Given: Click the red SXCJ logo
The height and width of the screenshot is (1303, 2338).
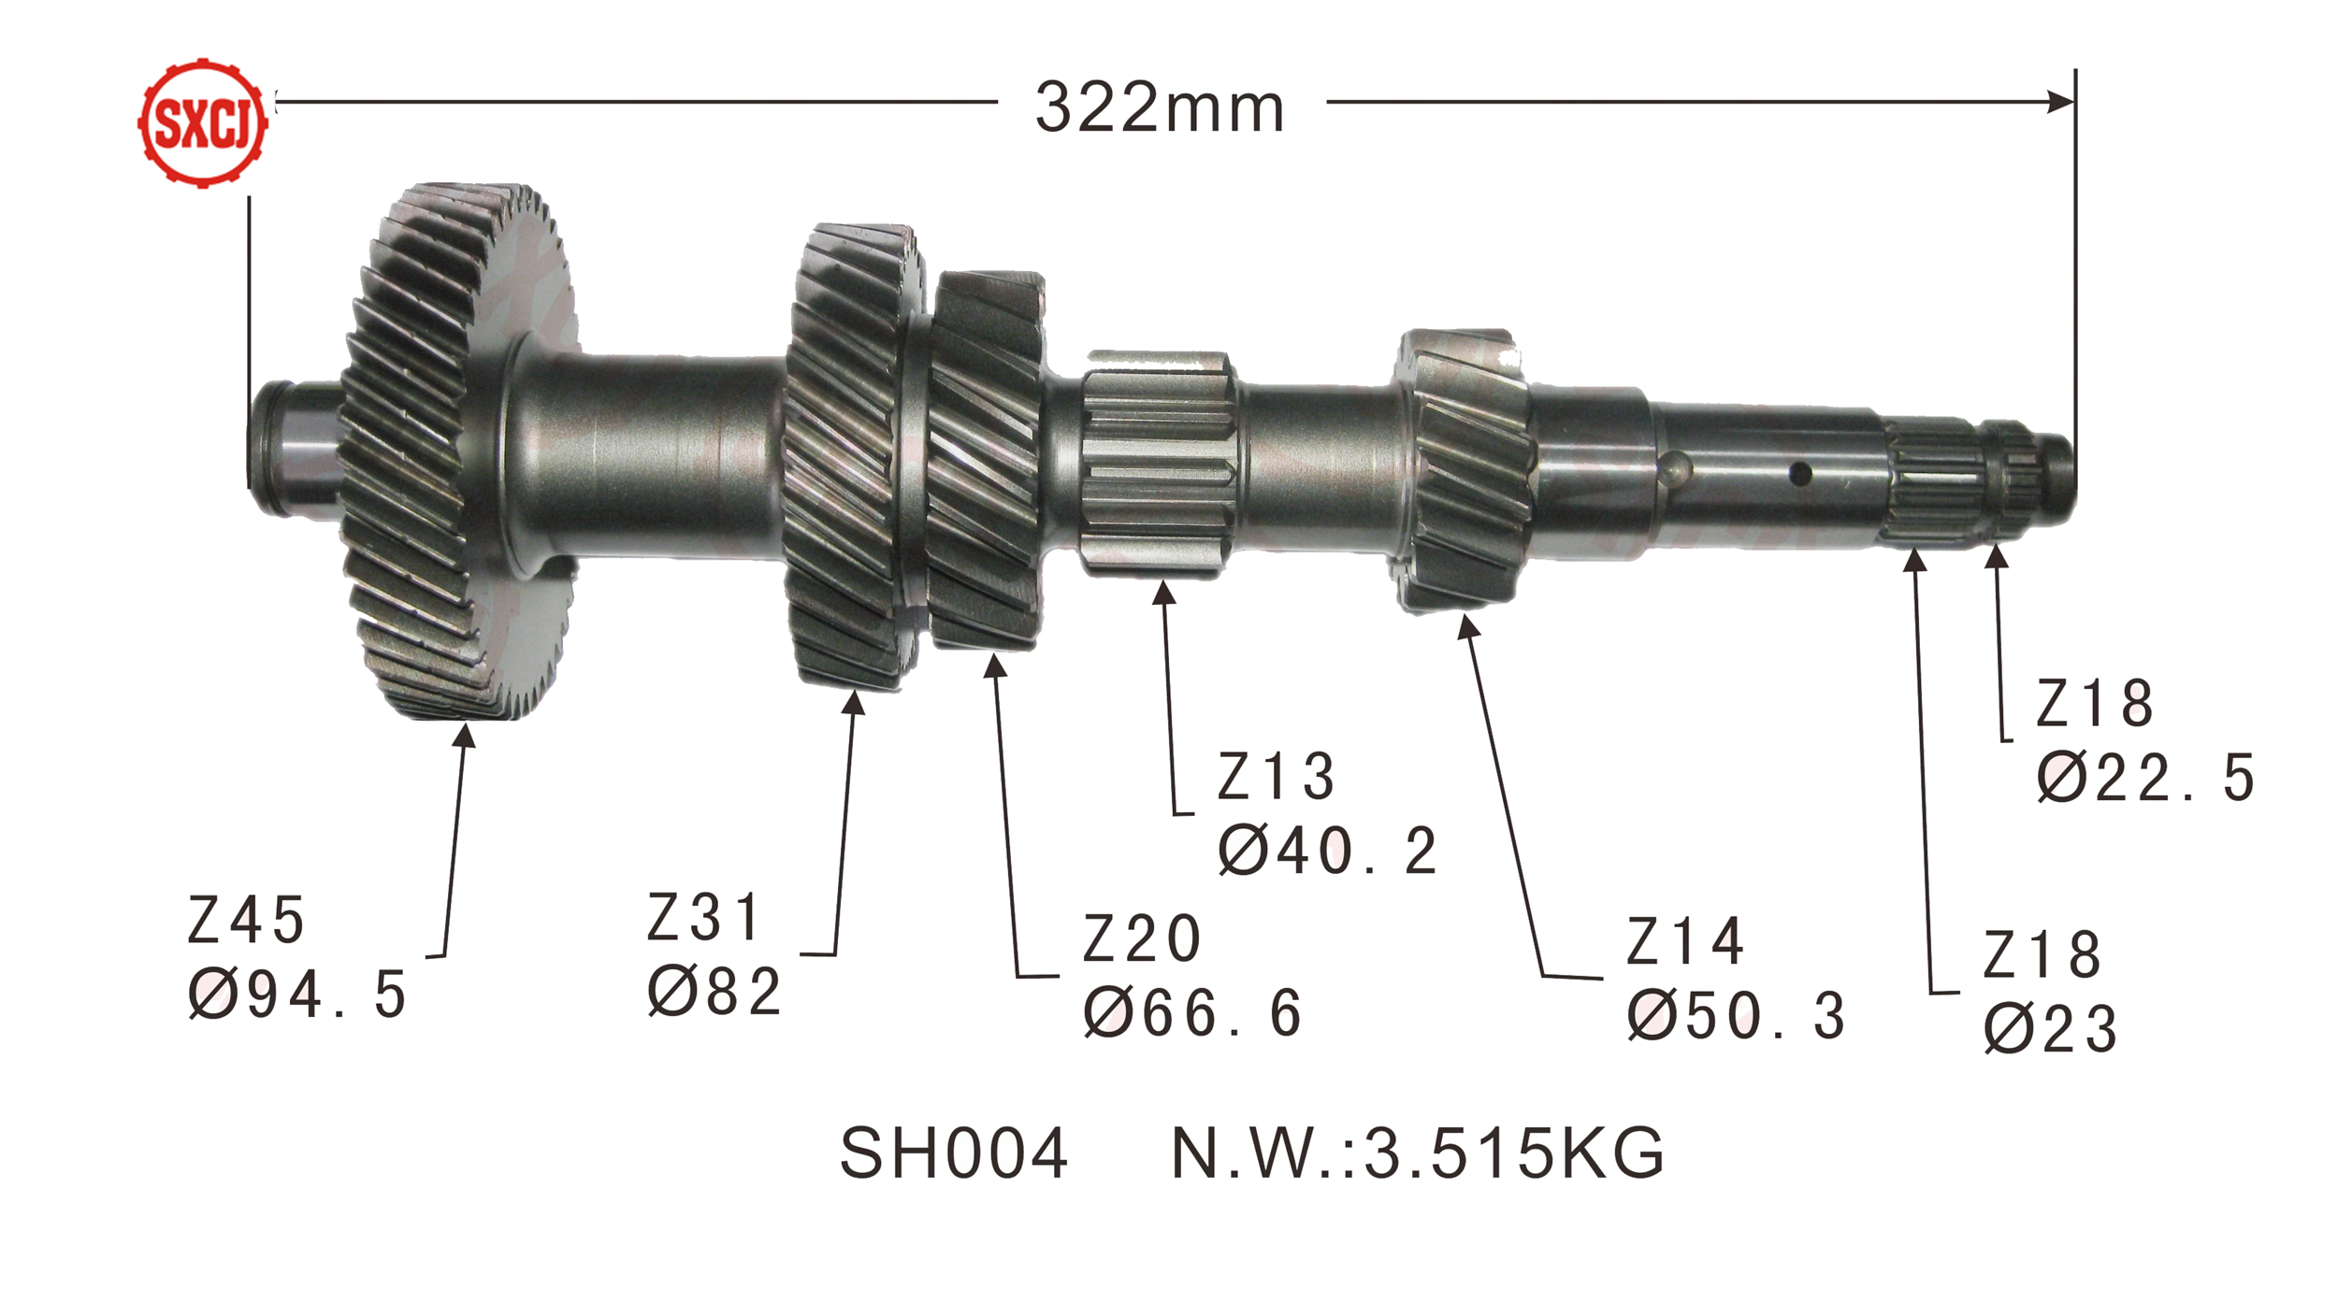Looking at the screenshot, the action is pyautogui.click(x=203, y=122).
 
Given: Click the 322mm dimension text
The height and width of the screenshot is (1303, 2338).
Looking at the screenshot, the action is pyautogui.click(x=1160, y=108).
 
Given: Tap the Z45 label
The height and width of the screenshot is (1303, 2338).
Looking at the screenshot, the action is pyautogui.click(x=246, y=920).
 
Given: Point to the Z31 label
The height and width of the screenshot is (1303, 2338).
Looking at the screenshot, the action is pyautogui.click(x=704, y=917).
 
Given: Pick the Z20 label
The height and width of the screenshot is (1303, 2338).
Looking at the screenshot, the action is pyautogui.click(x=1141, y=939).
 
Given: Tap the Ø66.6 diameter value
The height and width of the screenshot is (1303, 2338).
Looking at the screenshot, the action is pyautogui.click(x=1192, y=1013).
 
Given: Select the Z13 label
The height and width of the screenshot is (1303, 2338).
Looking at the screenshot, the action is pyautogui.click(x=1276, y=777).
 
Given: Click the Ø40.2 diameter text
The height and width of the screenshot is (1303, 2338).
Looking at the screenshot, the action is pyautogui.click(x=1327, y=851).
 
